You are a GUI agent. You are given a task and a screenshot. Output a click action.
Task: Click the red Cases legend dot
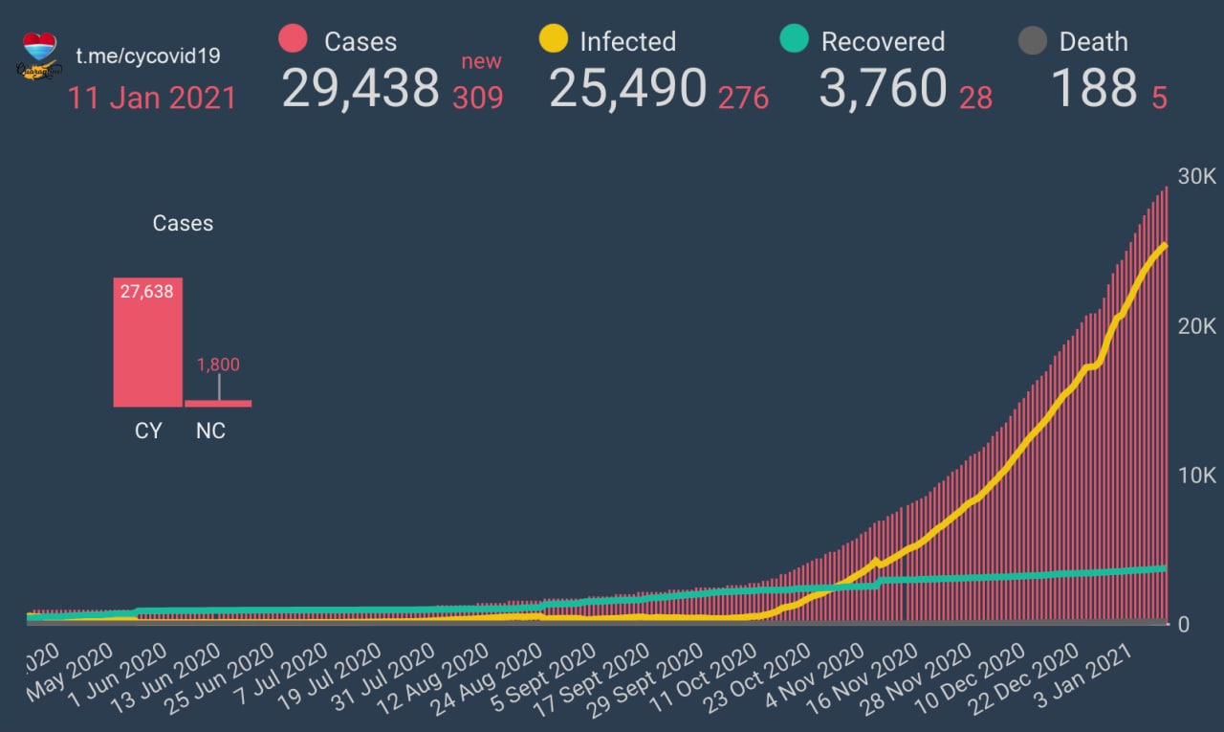click(293, 39)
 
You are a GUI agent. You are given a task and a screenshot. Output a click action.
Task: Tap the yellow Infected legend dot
click(554, 39)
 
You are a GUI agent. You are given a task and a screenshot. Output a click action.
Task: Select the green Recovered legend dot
click(795, 39)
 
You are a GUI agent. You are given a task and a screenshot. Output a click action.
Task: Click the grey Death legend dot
click(1032, 41)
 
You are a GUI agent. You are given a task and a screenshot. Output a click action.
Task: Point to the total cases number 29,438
click(361, 88)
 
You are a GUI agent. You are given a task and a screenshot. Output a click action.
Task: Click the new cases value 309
click(478, 98)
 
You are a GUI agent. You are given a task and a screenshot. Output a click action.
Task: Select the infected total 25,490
click(628, 88)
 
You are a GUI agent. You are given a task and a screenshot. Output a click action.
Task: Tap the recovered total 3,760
click(883, 88)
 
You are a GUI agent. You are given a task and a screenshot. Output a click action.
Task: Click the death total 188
click(1094, 88)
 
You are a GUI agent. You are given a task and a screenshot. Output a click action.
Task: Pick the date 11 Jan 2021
click(152, 98)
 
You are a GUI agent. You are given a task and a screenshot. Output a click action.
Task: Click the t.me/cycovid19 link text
click(147, 55)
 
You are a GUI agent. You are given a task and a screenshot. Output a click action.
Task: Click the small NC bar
click(218, 403)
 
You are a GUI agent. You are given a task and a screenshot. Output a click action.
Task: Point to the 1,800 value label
click(218, 365)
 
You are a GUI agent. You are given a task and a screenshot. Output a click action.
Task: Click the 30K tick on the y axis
click(1195, 177)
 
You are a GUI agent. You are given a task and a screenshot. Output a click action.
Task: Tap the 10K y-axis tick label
click(1195, 476)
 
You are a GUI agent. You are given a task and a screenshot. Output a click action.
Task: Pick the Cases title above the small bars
click(183, 223)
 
